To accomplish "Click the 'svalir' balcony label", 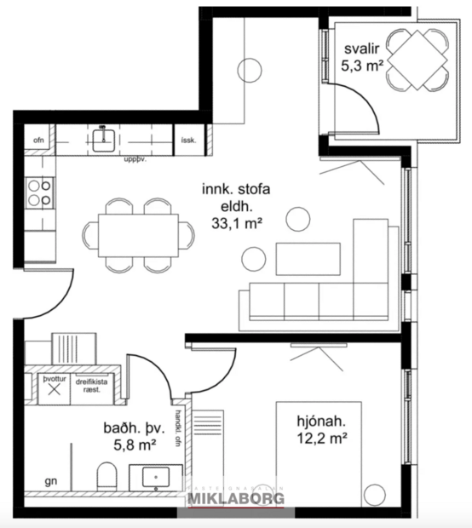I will point(353,48).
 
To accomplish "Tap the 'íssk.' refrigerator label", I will point(189,141).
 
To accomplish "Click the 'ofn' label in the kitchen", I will point(38,140).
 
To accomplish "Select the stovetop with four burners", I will point(38,192).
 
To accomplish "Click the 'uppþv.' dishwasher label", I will point(135,159).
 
